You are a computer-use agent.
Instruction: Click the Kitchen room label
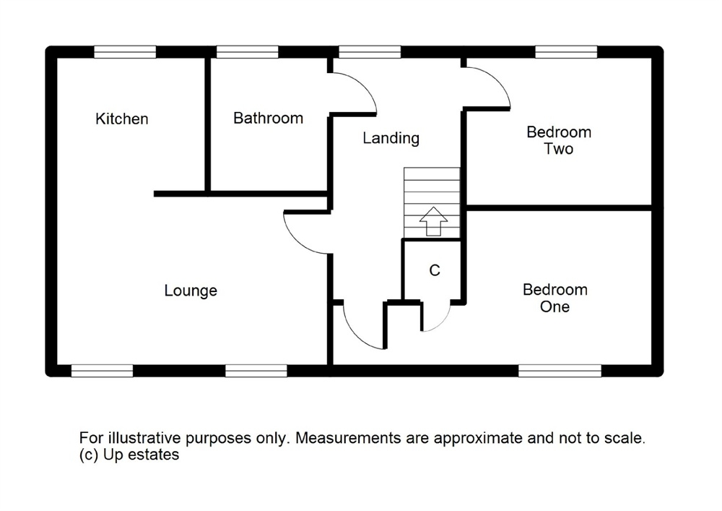[x=122, y=119]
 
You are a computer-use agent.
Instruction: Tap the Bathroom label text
[x=268, y=118]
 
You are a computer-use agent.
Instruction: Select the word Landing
[x=391, y=137]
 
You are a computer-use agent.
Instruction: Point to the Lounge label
[x=191, y=291]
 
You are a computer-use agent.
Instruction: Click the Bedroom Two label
[x=559, y=140]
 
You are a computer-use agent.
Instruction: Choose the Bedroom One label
[x=555, y=298]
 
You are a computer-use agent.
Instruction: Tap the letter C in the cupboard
[x=435, y=270]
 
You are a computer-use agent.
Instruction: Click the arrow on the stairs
[x=432, y=220]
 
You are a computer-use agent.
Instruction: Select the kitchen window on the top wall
[x=125, y=52]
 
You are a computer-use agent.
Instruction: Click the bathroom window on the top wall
[x=248, y=52]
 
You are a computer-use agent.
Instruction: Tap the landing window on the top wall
[x=370, y=52]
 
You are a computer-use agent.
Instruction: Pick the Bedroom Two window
[x=566, y=52]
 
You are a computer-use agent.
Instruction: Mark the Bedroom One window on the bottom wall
[x=560, y=370]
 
